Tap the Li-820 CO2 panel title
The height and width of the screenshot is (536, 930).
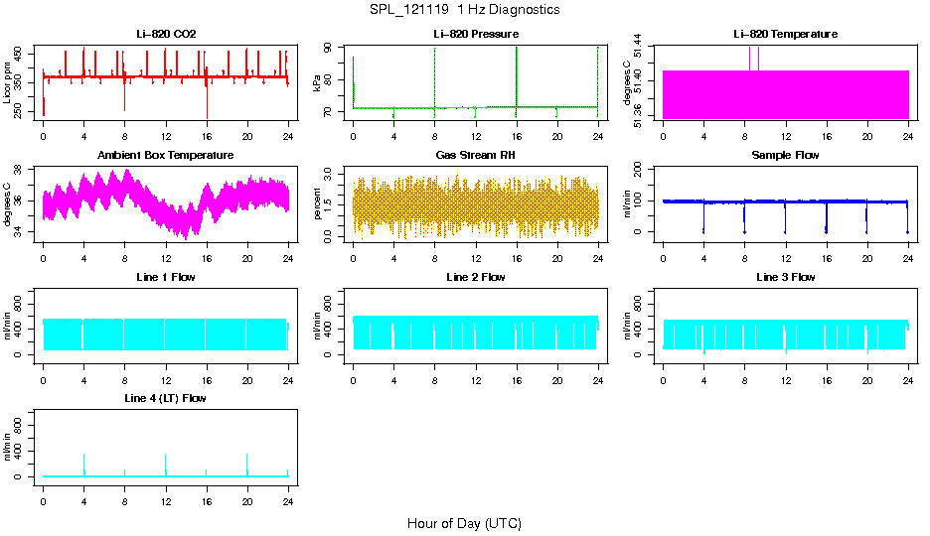(166, 35)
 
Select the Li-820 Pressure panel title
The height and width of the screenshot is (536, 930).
(476, 35)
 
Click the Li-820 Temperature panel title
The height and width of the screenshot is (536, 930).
(785, 35)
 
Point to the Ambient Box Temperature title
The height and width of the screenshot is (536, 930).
(166, 156)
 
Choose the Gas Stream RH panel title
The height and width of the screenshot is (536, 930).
(476, 156)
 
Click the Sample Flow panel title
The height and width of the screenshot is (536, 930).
(785, 156)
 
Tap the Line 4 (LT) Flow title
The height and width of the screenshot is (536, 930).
(166, 398)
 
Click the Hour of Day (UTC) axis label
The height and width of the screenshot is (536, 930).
(464, 523)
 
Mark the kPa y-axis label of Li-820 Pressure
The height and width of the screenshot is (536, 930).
(317, 83)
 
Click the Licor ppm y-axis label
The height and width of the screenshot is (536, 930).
(8, 83)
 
